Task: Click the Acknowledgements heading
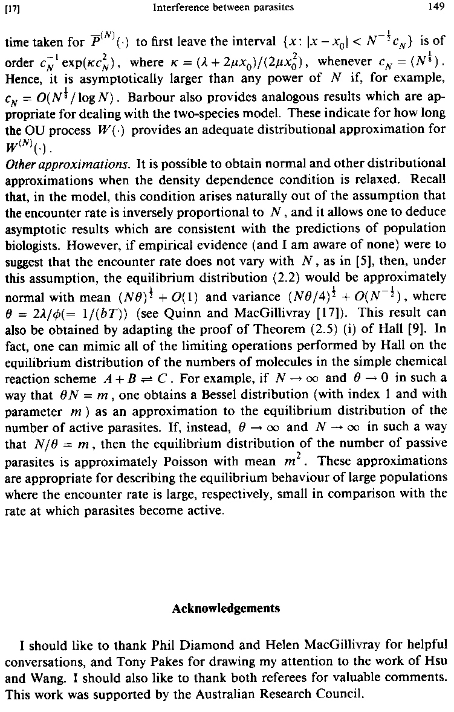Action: pos(226,609)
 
